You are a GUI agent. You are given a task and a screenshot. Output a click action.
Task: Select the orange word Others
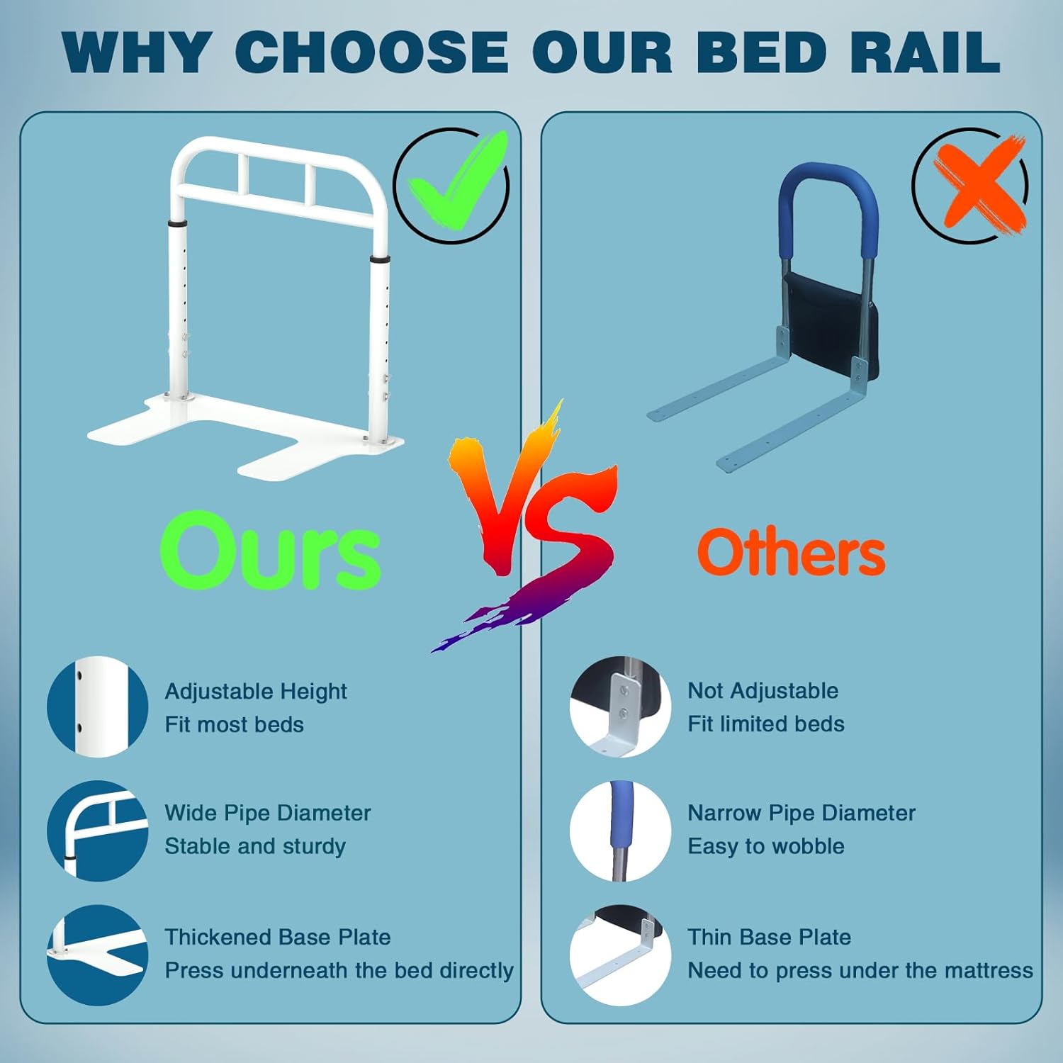[791, 553]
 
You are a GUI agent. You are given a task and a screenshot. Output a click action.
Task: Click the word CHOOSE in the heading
[371, 52]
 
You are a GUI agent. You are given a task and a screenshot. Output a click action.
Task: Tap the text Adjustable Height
[256, 691]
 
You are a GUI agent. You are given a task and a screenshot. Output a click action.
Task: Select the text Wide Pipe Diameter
[267, 813]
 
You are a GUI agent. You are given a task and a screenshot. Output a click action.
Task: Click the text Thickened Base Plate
[277, 937]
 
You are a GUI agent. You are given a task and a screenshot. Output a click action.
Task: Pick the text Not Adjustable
[763, 690]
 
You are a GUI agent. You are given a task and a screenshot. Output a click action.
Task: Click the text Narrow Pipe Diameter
[801, 813]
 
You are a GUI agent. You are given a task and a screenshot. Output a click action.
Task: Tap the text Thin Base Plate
[769, 937]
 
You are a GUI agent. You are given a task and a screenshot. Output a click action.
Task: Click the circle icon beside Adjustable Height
[97, 707]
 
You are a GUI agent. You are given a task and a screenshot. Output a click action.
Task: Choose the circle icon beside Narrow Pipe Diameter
[620, 831]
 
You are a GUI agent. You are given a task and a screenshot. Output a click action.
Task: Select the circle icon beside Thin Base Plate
[620, 955]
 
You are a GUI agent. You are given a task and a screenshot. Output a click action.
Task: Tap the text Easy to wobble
[765, 846]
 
